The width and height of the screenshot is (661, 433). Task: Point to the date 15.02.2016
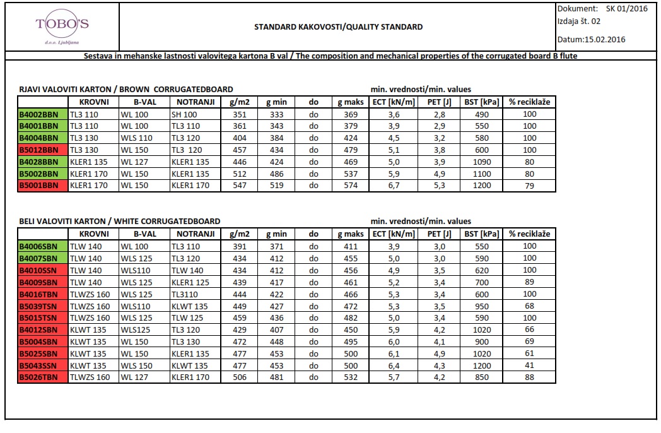point(605,39)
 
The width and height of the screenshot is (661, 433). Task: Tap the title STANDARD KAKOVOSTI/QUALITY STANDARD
point(338,27)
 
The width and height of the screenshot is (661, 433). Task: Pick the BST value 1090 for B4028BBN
point(481,162)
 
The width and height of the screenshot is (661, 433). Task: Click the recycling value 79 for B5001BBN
point(529,185)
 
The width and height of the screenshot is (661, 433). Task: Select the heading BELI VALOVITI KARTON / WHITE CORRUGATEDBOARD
point(120,221)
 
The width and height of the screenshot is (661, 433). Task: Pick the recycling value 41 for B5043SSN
point(529,365)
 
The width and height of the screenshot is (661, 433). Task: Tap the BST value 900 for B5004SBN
point(481,341)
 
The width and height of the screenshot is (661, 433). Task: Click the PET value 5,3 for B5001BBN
point(439,186)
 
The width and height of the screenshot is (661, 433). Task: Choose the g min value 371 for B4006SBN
point(276,246)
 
